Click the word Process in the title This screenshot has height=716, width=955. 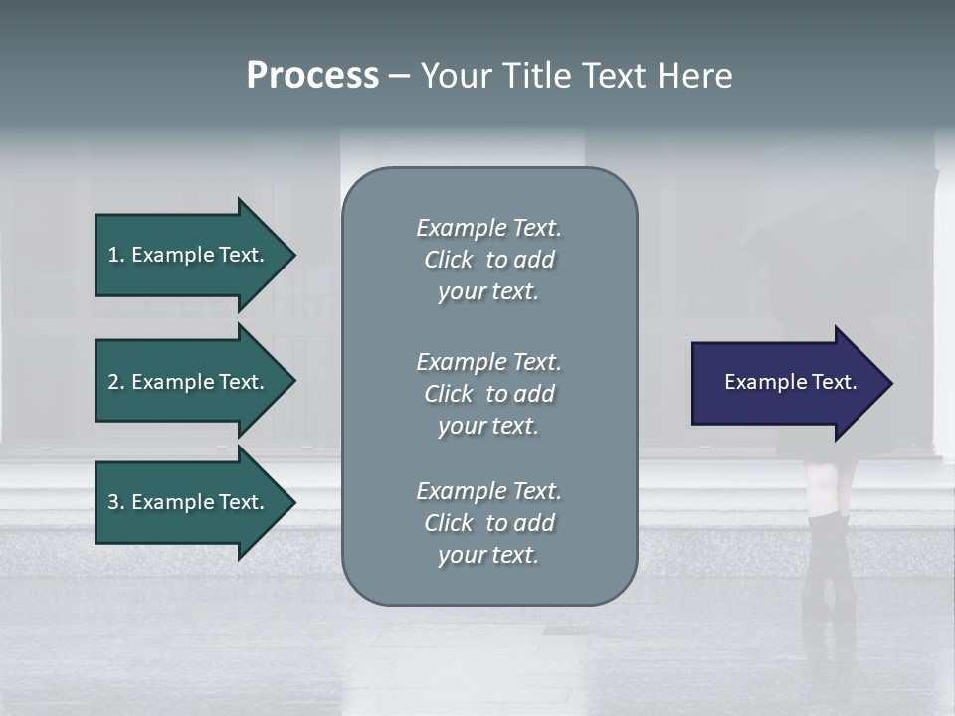[x=312, y=76]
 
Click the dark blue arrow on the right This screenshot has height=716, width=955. [x=786, y=382]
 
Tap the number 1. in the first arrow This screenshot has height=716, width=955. [x=115, y=255]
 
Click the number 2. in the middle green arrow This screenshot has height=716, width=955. [x=115, y=382]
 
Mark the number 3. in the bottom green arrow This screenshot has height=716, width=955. [x=115, y=502]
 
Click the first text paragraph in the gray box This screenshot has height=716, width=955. [x=488, y=260]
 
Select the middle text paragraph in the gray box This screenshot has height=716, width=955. [x=488, y=394]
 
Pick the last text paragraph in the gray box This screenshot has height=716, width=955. [x=488, y=523]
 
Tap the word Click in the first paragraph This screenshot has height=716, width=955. [x=448, y=260]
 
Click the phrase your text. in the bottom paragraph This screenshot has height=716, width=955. [x=488, y=555]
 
